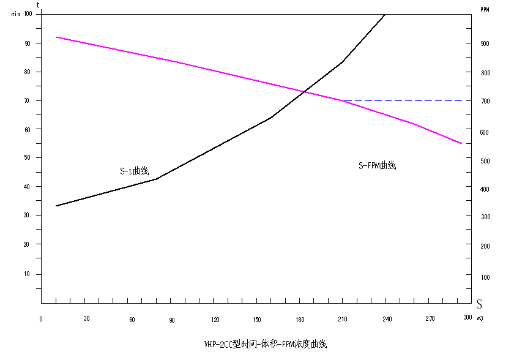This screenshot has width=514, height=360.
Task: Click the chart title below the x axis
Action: click(266, 344)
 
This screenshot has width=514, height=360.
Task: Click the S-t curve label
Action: click(135, 171)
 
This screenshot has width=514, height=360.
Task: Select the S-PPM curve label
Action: click(377, 165)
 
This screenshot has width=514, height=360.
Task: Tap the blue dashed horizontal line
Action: click(403, 100)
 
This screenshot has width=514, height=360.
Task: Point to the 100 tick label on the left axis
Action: click(28, 13)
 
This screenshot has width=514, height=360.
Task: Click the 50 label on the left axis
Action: click(27, 158)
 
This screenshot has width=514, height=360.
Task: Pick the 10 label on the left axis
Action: click(27, 274)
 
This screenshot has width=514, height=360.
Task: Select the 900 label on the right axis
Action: click(485, 43)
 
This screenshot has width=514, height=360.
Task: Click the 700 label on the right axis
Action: click(485, 101)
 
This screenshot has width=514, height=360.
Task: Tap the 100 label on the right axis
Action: click(485, 278)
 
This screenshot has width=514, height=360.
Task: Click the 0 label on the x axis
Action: click(41, 320)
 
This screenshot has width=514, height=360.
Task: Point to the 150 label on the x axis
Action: click(256, 320)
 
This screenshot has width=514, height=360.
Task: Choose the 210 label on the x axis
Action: click(343, 320)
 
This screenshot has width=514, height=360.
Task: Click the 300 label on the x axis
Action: click(467, 317)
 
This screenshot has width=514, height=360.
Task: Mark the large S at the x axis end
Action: click(479, 304)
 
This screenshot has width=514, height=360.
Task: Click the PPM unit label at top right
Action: click(485, 10)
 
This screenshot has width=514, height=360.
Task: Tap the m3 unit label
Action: click(480, 318)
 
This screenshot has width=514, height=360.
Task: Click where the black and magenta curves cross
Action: click(305, 92)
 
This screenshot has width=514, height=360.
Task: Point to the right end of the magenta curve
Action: click(461, 143)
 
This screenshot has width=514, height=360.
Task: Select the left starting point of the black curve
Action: click(56, 206)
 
